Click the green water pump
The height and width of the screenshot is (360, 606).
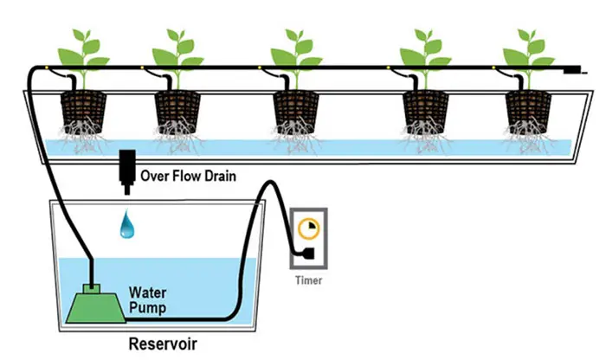(92, 303)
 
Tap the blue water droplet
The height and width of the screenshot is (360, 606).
(127, 227)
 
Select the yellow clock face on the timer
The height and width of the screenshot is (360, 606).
(306, 228)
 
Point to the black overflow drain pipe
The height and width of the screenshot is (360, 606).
(127, 170)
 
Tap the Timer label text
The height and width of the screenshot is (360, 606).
(308, 281)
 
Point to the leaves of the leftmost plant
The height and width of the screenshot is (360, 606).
(83, 48)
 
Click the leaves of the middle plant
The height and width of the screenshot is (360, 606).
(295, 48)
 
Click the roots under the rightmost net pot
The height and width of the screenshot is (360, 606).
(526, 135)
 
